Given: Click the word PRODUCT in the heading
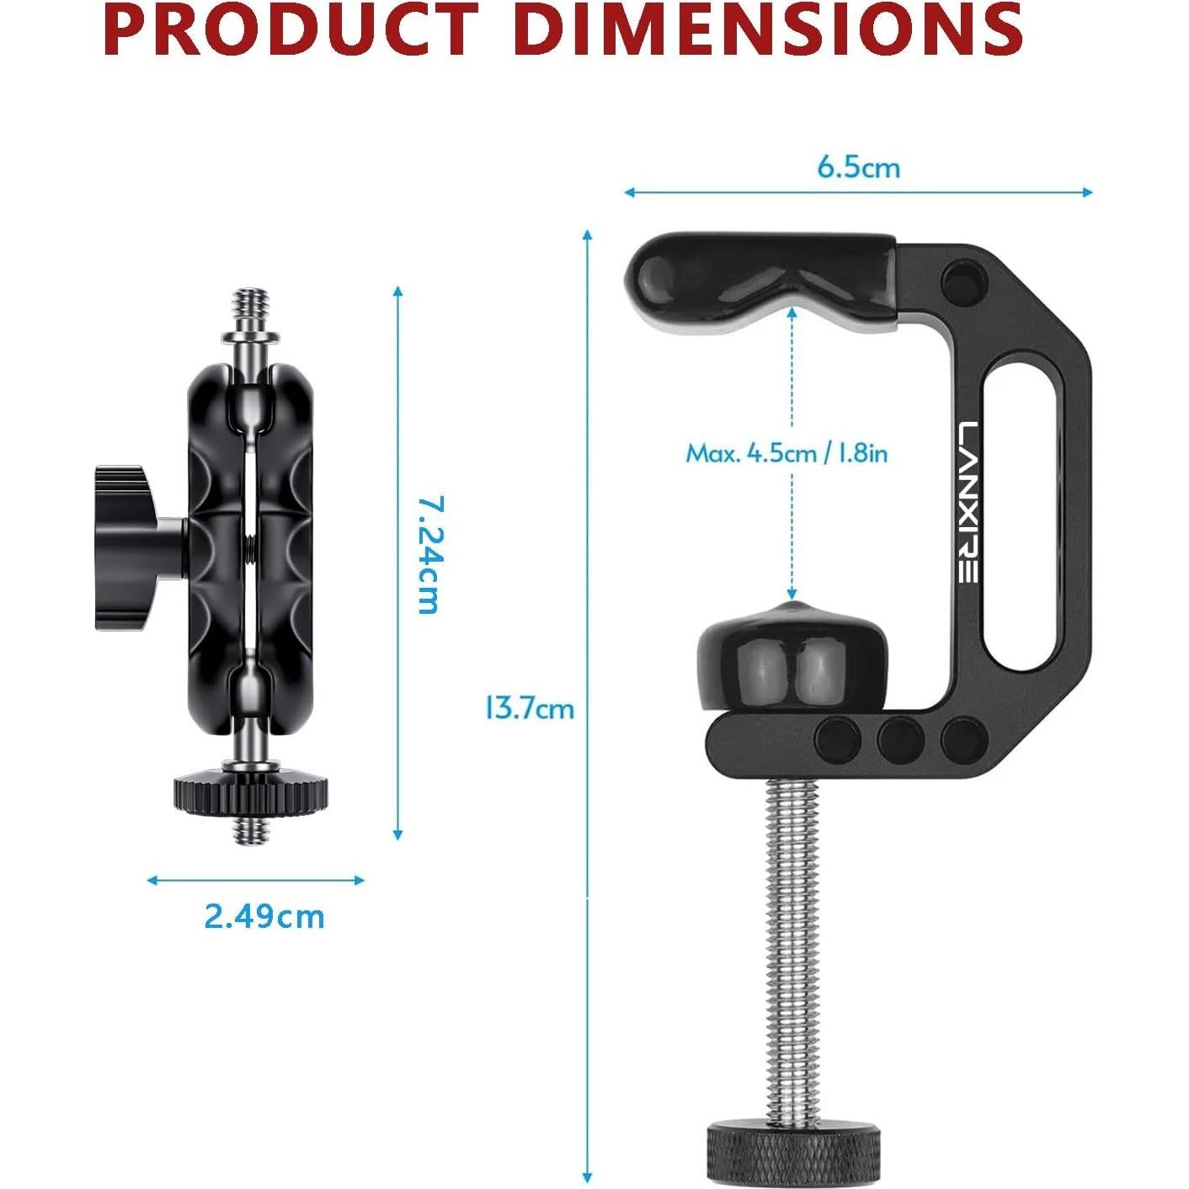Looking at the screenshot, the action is pos(289,29).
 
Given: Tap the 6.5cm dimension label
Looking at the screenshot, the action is pos(858,168).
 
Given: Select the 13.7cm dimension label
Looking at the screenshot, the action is pos(529,708).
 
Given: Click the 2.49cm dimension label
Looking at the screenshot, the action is pos(264,916).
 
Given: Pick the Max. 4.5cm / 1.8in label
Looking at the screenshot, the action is pos(786,454).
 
